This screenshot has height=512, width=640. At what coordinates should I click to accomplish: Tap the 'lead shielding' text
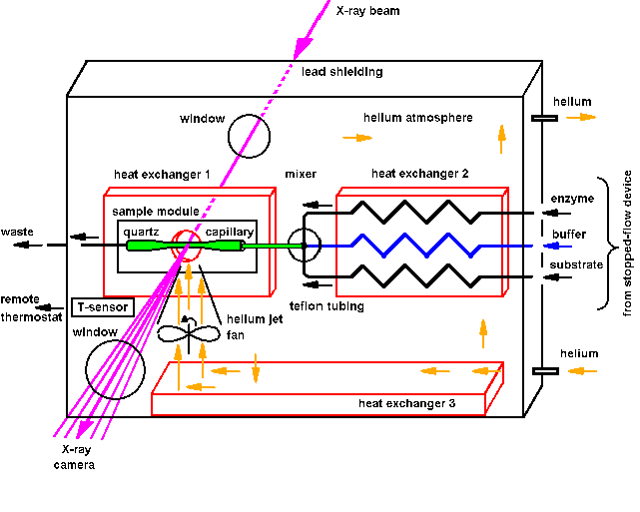tap(341, 72)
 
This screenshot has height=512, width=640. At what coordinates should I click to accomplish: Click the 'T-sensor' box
tap(103, 306)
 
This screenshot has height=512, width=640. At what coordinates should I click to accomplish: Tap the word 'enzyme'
tap(572, 199)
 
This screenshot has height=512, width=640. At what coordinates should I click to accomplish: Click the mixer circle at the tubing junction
tap(304, 244)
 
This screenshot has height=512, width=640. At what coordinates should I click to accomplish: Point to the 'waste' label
tap(18, 232)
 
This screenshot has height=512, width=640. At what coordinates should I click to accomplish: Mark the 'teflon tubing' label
tap(322, 305)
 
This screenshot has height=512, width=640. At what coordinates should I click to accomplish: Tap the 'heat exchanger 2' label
tap(420, 174)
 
